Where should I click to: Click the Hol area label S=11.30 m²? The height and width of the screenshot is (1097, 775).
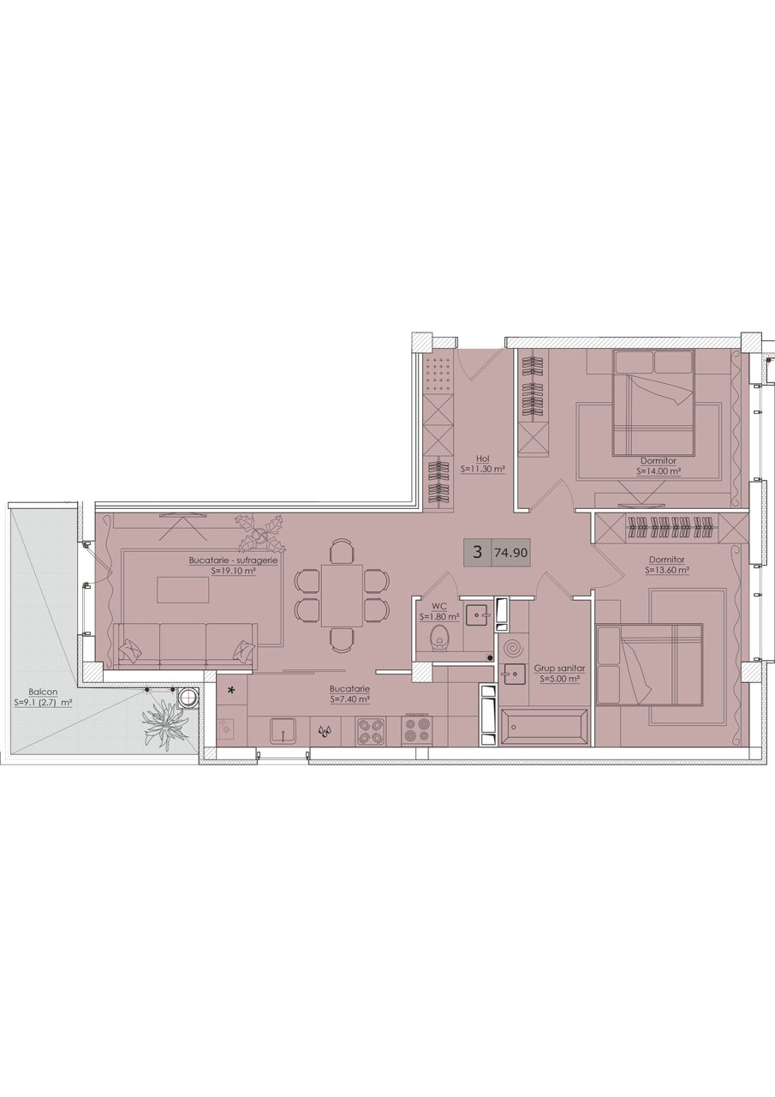pos(482,469)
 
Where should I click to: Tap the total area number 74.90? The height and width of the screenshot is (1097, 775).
pos(510,553)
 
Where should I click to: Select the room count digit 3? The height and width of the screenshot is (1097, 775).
pos(478,553)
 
